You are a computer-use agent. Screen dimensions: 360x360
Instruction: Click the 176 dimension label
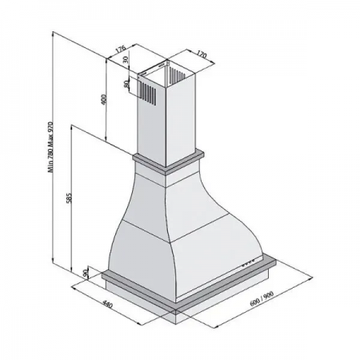click(x=120, y=50)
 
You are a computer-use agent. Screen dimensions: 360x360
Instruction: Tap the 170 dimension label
click(x=202, y=54)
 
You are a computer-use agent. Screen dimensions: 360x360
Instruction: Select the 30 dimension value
click(x=126, y=59)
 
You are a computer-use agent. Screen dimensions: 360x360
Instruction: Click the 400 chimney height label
click(x=104, y=99)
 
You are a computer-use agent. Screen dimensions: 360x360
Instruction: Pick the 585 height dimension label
click(x=69, y=198)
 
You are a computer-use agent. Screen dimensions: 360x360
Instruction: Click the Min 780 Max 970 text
click(x=50, y=147)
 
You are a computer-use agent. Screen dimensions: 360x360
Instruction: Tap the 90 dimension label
click(x=86, y=274)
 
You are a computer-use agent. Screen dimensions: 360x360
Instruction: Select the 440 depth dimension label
click(x=107, y=304)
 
